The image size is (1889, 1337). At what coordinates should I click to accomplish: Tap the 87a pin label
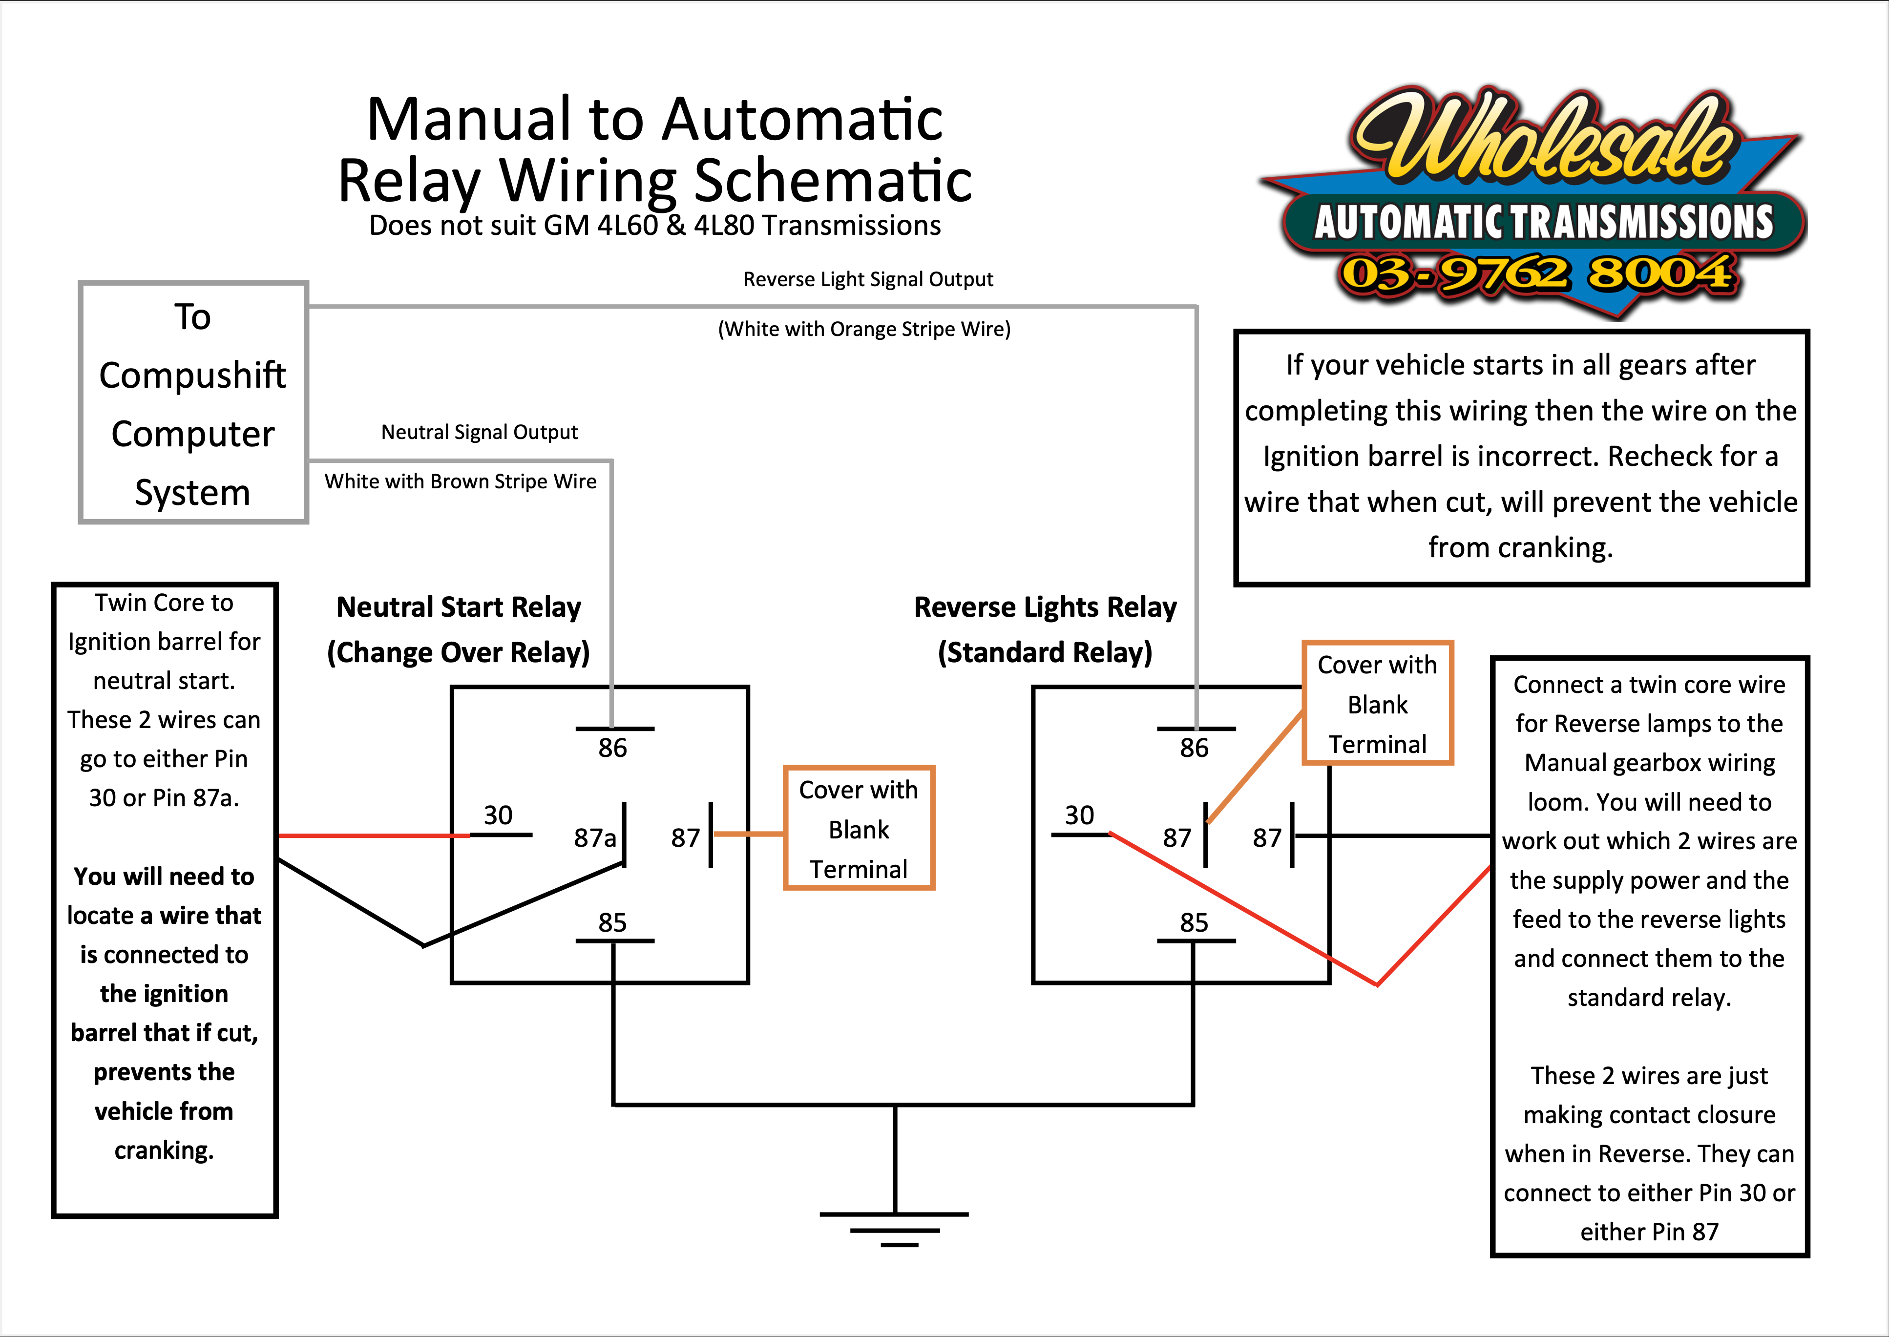594,838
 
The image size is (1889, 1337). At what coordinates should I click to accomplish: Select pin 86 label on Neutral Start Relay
612,748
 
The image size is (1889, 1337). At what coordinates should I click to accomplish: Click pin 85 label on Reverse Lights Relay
1194,922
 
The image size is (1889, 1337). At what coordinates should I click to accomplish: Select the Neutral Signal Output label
479,432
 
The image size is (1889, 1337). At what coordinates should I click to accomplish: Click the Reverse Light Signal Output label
868,280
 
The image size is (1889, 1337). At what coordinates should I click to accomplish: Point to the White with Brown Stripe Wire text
461,481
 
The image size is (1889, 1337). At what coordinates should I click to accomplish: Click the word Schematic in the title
833,181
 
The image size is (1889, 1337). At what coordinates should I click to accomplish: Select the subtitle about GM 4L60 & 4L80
654,226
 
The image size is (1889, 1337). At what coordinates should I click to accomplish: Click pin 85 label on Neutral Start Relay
612,922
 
